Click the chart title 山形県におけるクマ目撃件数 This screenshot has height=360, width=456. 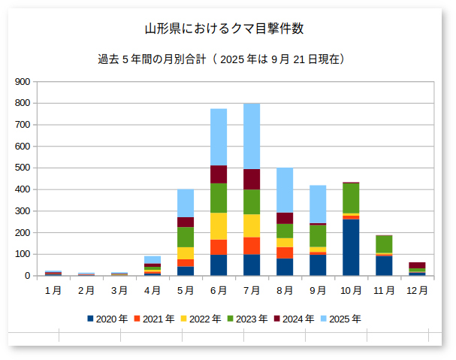click(x=224, y=29)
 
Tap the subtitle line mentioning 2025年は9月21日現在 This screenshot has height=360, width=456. click(x=222, y=59)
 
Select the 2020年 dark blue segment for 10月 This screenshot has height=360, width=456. click(x=351, y=247)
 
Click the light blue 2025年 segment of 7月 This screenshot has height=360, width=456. click(x=252, y=136)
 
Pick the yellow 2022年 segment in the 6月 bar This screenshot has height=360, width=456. click(x=219, y=226)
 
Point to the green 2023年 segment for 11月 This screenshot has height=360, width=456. click(x=384, y=244)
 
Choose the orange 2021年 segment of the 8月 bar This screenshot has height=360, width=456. click(x=285, y=253)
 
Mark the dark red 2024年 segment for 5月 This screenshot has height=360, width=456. click(x=186, y=222)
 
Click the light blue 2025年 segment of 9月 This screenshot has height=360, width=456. click(x=318, y=204)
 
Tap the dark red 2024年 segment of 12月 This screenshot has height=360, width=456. click(x=417, y=265)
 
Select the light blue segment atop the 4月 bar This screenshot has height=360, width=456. click(x=153, y=260)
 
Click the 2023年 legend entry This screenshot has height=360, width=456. click(x=247, y=319)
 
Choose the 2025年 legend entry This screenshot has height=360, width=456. click(x=340, y=319)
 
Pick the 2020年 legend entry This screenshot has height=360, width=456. click(x=107, y=319)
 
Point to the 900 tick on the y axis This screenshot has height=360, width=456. click(x=23, y=82)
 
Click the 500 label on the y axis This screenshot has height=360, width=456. click(x=23, y=168)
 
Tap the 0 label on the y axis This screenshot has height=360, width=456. click(x=28, y=276)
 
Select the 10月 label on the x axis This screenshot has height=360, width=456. click(x=351, y=290)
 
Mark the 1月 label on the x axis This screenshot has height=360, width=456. click(x=53, y=290)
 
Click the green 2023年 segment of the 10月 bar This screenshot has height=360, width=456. click(x=351, y=198)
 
